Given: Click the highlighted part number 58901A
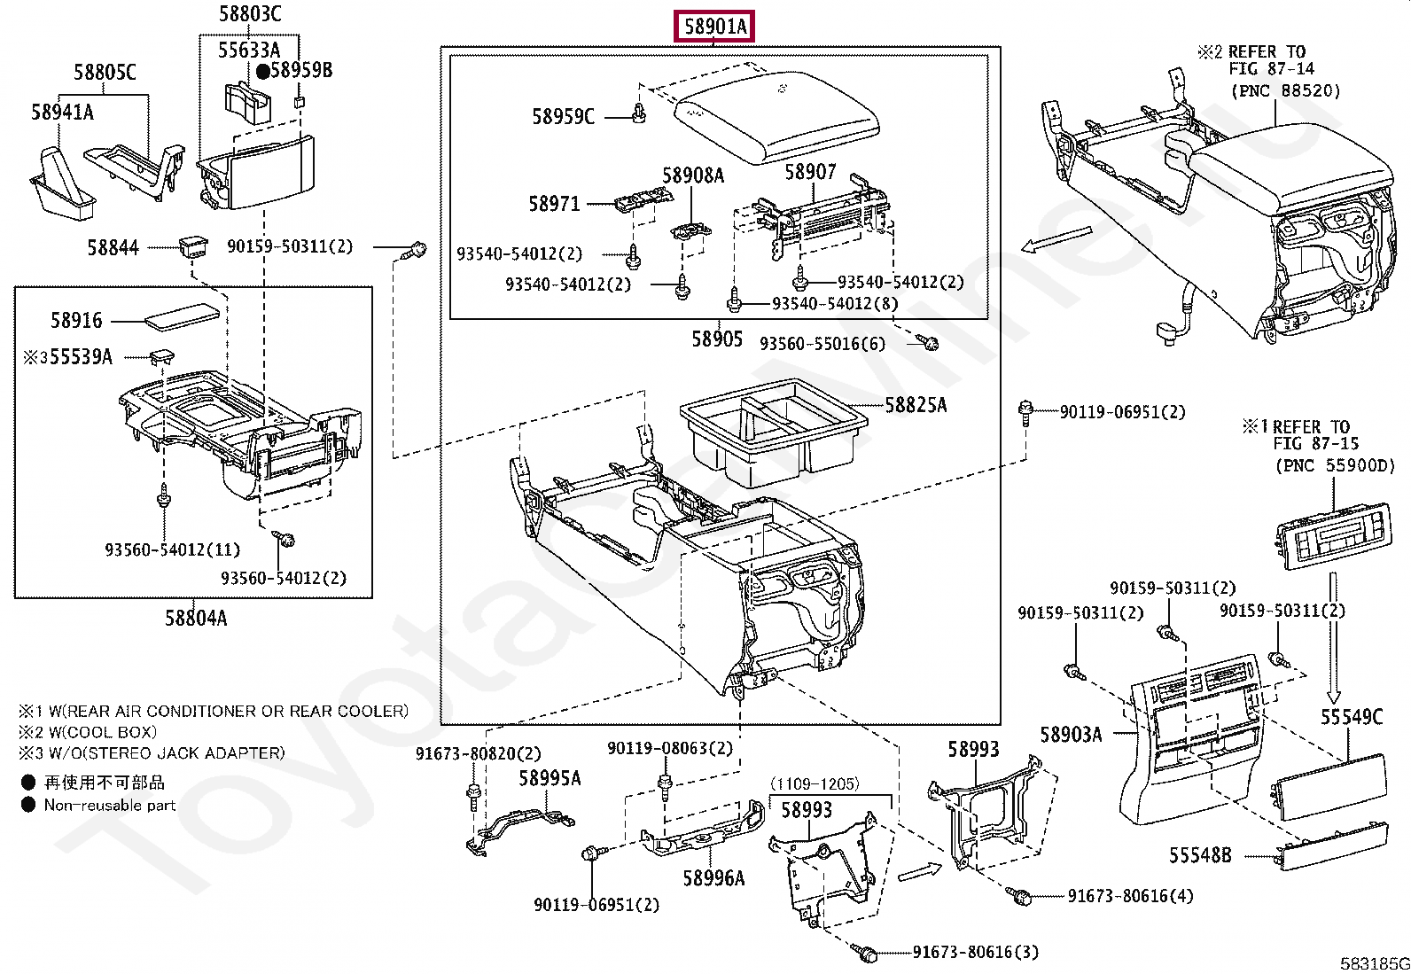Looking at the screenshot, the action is (714, 27).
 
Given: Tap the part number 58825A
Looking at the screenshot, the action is (916, 404).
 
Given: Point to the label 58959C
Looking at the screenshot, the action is (563, 117).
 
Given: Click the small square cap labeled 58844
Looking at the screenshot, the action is (193, 246).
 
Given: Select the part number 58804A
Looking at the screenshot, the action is (196, 618).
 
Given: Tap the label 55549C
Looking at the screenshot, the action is (1352, 716).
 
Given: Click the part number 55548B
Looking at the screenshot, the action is (1200, 855).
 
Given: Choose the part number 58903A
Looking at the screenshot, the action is (1071, 734).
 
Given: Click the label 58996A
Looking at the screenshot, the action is (713, 877).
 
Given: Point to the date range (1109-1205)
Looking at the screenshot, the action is (815, 783).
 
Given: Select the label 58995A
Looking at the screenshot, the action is (550, 779).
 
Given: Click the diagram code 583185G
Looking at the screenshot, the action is (1375, 963).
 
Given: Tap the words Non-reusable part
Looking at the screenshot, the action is (110, 805).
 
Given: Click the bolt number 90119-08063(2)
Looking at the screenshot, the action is (670, 748).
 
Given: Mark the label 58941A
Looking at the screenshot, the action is (62, 113).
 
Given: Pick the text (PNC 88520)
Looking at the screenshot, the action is (1286, 90).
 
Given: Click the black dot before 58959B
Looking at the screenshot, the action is (262, 71).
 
